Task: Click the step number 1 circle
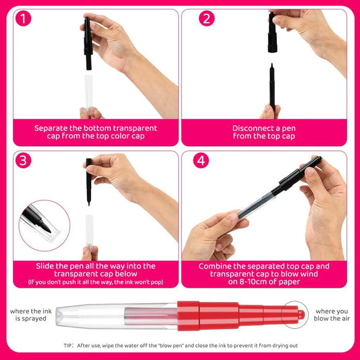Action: [24, 19]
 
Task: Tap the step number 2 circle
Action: [207, 19]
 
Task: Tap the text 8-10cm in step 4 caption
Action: [241, 282]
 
